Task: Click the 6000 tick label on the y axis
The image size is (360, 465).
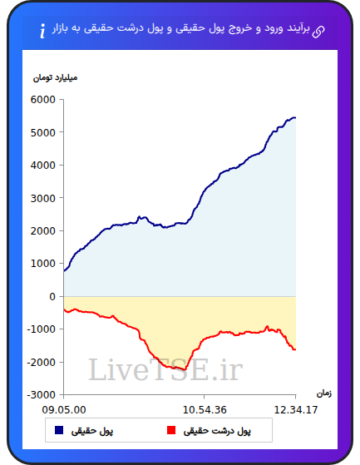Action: click(x=43, y=100)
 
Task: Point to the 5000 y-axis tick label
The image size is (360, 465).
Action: click(x=43, y=132)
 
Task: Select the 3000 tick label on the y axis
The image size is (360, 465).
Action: click(x=43, y=198)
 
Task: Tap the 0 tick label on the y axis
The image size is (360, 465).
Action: click(x=52, y=296)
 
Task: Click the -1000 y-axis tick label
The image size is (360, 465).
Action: click(x=42, y=329)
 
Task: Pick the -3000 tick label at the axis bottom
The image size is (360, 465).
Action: click(x=42, y=395)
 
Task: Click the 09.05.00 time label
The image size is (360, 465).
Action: click(x=64, y=410)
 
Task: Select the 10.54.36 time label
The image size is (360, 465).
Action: click(x=205, y=410)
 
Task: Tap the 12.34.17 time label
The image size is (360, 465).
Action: click(x=296, y=410)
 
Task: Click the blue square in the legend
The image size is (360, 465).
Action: click(x=59, y=430)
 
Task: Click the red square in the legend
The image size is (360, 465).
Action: click(x=171, y=430)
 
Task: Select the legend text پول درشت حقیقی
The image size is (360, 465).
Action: click(x=217, y=431)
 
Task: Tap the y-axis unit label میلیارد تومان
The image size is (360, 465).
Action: click(x=55, y=78)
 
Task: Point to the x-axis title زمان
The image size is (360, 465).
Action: click(x=324, y=393)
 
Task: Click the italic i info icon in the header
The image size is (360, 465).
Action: click(x=43, y=31)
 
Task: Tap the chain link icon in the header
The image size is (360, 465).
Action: click(x=318, y=32)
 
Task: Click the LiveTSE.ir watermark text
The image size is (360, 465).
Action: click(x=166, y=369)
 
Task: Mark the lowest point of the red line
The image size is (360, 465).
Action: click(x=185, y=370)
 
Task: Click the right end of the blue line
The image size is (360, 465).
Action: click(x=295, y=118)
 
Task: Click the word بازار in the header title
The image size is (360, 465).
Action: click(x=60, y=29)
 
